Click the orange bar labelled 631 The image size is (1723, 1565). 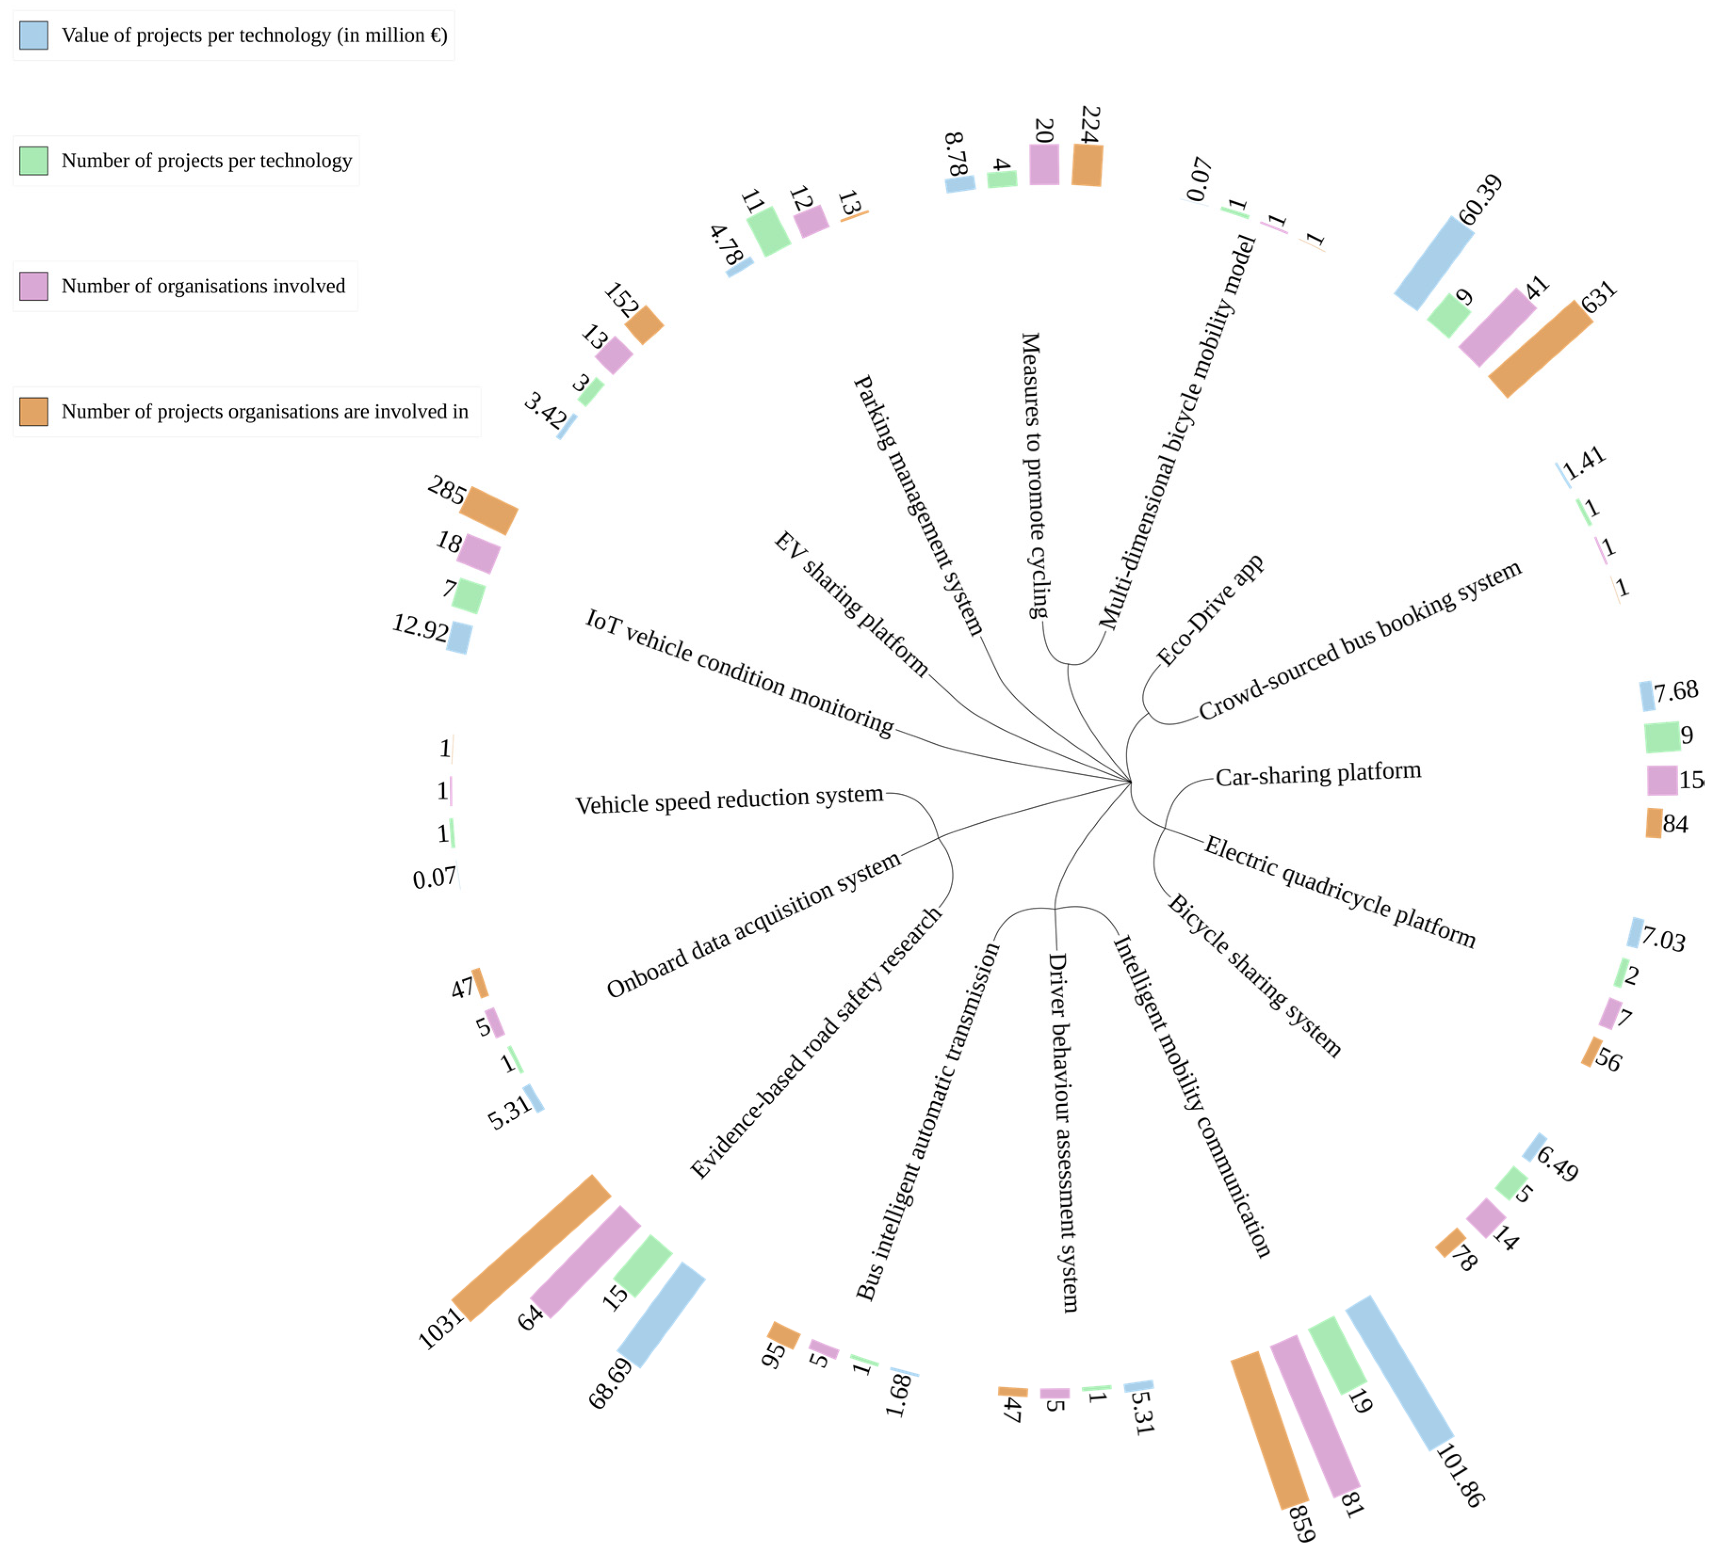click(x=1541, y=349)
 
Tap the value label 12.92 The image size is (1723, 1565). click(x=420, y=628)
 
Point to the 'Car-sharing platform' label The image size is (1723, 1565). click(x=1318, y=774)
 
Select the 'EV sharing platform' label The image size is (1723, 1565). click(x=851, y=604)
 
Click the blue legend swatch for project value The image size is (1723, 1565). click(x=33, y=35)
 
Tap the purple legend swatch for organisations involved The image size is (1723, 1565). click(x=33, y=286)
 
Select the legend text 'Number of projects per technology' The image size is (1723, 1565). click(x=206, y=161)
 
